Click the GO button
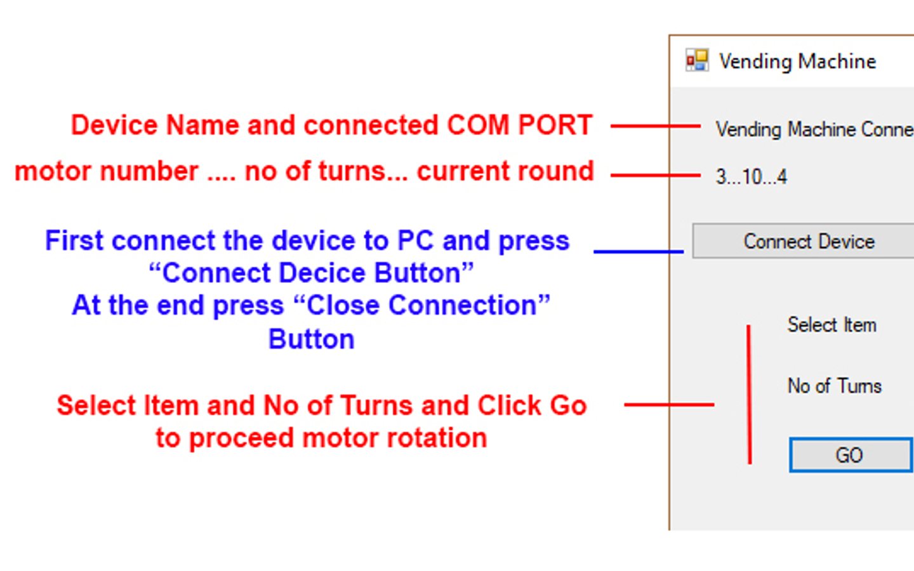coord(851,455)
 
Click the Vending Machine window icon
coord(697,60)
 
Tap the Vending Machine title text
coord(798,62)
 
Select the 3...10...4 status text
coord(752,177)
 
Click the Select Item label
coord(831,325)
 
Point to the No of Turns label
coord(835,386)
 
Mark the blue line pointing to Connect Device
coord(639,252)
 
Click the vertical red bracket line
coord(749,395)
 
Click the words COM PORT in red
coord(519,124)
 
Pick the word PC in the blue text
coord(415,240)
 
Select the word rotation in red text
coord(437,438)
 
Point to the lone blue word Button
coord(311,339)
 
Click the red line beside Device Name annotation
coord(656,126)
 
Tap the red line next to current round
coord(656,175)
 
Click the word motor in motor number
coord(53,171)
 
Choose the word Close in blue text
coord(343,305)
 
